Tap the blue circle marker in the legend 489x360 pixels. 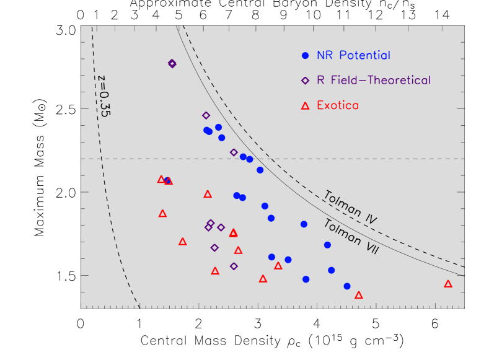(x=305, y=55)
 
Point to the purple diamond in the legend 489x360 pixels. (x=305, y=81)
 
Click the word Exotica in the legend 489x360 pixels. (x=337, y=106)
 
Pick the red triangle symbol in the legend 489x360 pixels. (x=305, y=106)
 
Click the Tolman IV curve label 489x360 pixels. (x=351, y=207)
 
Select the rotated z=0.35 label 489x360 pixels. (x=103, y=96)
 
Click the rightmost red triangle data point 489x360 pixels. (x=448, y=284)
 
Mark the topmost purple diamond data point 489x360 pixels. (x=172, y=63)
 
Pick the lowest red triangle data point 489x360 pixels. (x=359, y=295)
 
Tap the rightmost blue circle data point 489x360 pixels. (x=347, y=286)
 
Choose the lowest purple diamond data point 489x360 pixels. (x=234, y=266)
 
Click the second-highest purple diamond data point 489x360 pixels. (x=206, y=115)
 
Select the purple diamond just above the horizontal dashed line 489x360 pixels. (x=234, y=152)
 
